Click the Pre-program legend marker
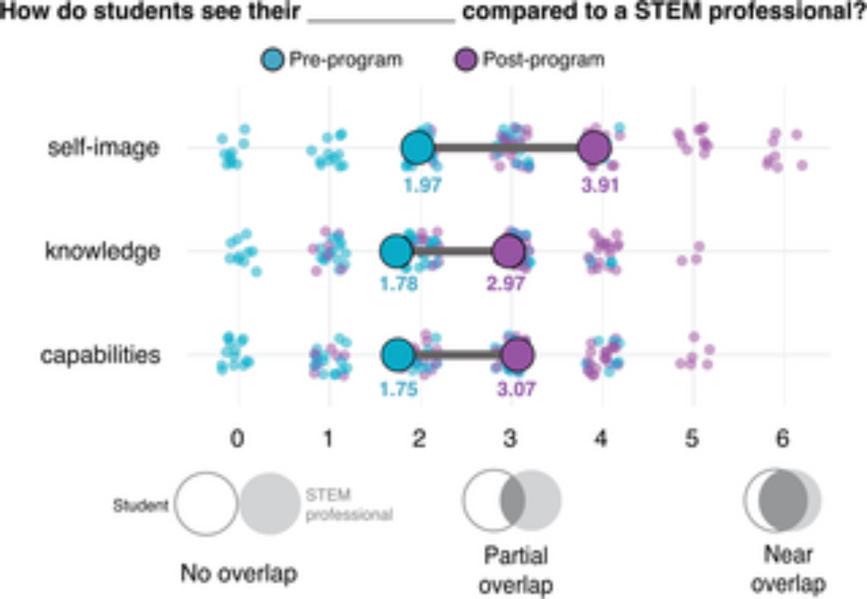273,59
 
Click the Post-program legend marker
466,59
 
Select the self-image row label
104,147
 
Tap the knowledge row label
103,251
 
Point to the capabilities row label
101,355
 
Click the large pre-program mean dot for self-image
418,148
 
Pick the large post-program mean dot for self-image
595,148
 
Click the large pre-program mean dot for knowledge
396,251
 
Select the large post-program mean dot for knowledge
509,251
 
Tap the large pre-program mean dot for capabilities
398,355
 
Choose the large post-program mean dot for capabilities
518,355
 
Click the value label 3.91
600,186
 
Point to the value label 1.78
399,284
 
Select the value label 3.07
516,389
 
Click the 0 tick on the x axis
237,439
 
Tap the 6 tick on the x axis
782,439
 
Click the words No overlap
239,573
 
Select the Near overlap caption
788,569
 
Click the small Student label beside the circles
140,505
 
